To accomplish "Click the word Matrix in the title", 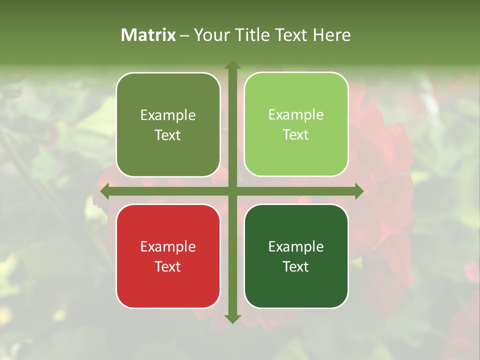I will point(148,35).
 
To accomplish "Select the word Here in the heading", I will point(331,35).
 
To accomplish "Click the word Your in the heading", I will point(210,35).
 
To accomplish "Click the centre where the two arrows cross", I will point(232,191).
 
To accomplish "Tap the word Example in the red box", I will point(168,247).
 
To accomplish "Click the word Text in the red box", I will point(168,266).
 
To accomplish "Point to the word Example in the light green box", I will point(296,115).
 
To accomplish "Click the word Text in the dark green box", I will point(296,266).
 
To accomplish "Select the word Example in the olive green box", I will point(168,115).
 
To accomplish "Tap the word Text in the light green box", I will point(296,135).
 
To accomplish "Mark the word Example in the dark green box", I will point(296,247).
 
